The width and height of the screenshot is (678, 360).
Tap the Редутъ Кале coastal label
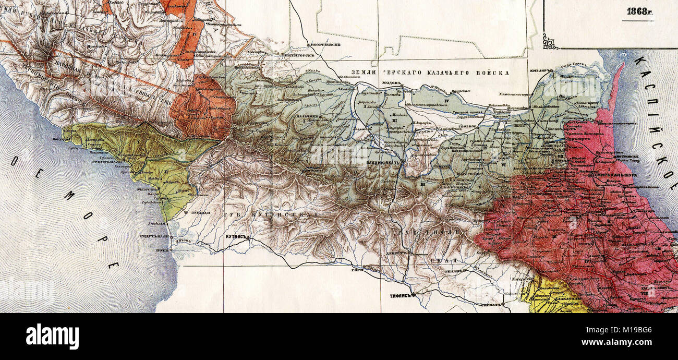154,235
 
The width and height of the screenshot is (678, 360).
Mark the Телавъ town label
455,271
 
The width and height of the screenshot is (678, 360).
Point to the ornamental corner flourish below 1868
551,42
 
